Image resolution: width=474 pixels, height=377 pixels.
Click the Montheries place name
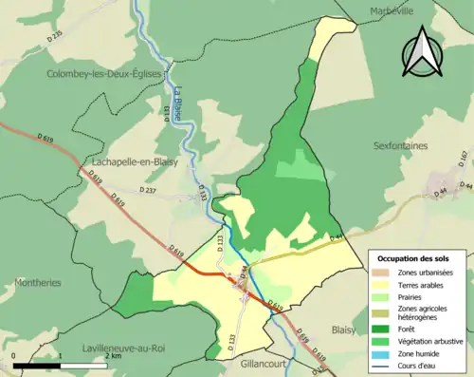[38, 283]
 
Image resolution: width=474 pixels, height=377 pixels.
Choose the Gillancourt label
[256, 364]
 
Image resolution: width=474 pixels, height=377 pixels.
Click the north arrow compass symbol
[423, 53]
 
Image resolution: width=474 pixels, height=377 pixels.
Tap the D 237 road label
[150, 191]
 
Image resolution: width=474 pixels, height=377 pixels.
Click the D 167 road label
[464, 156]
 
